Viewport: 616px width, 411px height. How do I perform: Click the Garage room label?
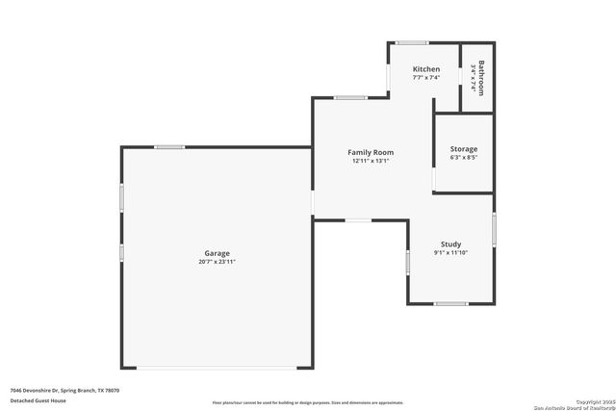[x=216, y=253]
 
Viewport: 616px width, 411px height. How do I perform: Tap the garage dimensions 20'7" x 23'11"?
[x=216, y=261]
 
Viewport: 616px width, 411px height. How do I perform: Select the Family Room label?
[x=371, y=152]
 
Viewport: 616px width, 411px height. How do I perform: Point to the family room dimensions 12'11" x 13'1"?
[x=371, y=161]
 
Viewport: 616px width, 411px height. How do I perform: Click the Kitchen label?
[x=426, y=69]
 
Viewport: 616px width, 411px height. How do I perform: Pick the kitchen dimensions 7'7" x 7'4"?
[x=426, y=77]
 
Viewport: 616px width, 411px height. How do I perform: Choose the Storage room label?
[x=464, y=149]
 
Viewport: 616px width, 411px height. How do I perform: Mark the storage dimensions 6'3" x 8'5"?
[x=464, y=158]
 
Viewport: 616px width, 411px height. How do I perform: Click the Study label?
[x=450, y=244]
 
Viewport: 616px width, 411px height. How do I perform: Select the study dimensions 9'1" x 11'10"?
[x=450, y=253]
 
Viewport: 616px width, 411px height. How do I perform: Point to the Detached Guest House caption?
[x=38, y=399]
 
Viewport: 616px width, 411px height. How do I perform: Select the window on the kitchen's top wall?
[x=413, y=42]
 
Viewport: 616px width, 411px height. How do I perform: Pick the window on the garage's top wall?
[x=169, y=147]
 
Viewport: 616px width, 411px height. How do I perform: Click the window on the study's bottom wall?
[x=450, y=303]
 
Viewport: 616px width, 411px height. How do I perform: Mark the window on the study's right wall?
[x=494, y=229]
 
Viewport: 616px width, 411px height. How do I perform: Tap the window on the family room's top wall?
[x=350, y=97]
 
